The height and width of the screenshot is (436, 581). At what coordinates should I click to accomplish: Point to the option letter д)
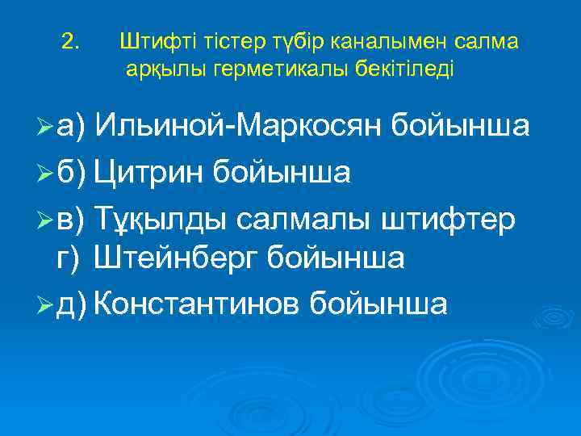[73, 304]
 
